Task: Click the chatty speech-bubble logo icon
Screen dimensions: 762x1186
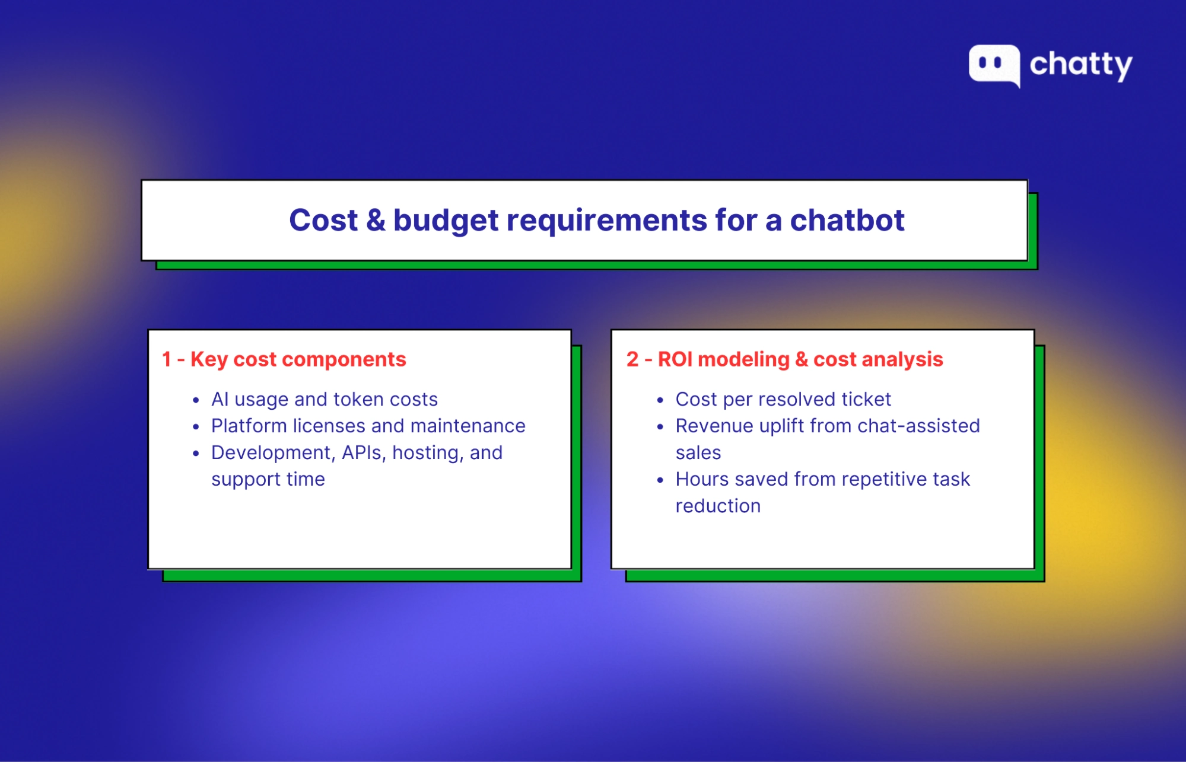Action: click(x=994, y=64)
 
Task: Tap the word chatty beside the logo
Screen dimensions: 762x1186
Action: click(x=1081, y=65)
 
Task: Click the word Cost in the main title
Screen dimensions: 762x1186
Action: click(x=323, y=221)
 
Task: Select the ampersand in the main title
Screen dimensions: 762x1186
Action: click(x=376, y=221)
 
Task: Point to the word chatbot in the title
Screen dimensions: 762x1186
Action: click(x=847, y=221)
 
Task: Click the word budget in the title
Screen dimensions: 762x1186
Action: click(x=446, y=221)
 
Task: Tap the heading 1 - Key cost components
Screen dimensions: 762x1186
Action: click(x=284, y=359)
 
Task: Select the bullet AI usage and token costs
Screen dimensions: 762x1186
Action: click(x=324, y=399)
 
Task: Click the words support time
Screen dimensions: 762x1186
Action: click(x=268, y=479)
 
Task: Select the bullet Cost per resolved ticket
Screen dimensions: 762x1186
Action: click(x=783, y=399)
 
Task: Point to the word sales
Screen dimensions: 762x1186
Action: click(x=698, y=452)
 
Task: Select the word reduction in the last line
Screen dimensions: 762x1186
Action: click(x=718, y=506)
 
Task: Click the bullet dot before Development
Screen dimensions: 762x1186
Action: click(x=196, y=454)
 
